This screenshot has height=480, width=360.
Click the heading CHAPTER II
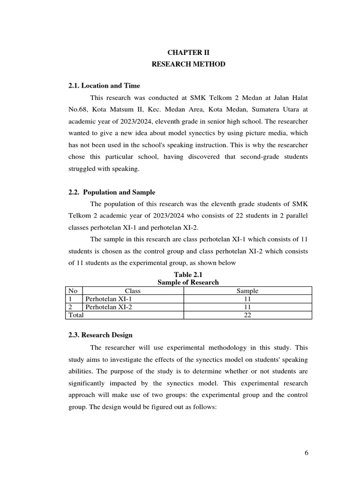(188, 52)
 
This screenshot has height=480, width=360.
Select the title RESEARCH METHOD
(188, 64)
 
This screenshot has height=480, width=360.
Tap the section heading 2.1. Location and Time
(104, 85)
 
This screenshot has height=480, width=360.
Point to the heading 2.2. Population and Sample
(112, 192)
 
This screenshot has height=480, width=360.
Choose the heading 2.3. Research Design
(100, 335)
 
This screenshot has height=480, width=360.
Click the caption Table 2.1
(188, 275)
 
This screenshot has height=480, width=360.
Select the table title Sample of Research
(188, 282)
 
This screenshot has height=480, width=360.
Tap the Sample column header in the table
(247, 291)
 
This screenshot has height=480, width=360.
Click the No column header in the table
(73, 291)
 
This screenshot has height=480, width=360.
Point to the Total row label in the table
(76, 315)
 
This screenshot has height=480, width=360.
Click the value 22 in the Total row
(247, 315)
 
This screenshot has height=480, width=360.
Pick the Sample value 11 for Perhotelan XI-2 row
(247, 307)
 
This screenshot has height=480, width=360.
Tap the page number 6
(306, 452)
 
